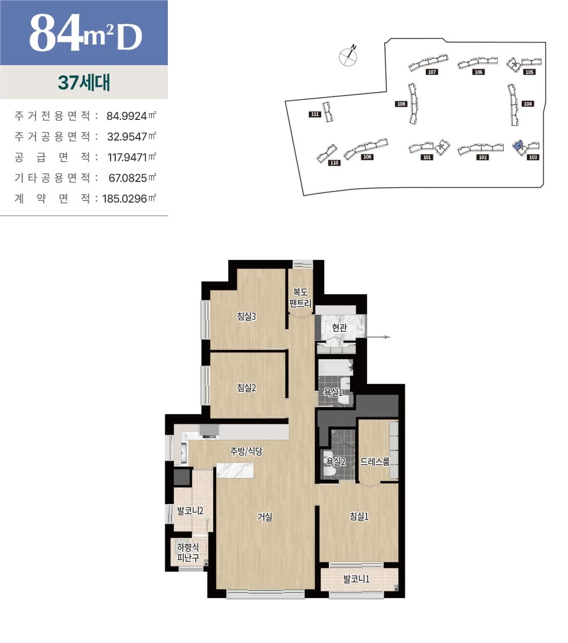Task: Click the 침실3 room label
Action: [x=246, y=316]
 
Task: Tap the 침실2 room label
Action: [x=246, y=388]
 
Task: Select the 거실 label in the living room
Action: [x=264, y=517]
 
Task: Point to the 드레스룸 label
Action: [x=374, y=461]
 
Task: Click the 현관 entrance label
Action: [x=339, y=328]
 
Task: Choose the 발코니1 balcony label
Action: [x=356, y=579]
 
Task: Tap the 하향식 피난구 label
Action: [x=188, y=553]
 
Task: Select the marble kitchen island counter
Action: [x=235, y=471]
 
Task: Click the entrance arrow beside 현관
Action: [x=377, y=337]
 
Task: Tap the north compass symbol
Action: [x=348, y=56]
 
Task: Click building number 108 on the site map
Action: [x=401, y=104]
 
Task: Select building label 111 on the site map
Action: [x=314, y=114]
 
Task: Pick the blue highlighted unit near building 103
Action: [x=517, y=145]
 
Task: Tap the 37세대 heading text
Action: [x=84, y=83]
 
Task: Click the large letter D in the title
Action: [x=129, y=37]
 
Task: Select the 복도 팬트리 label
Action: [x=300, y=297]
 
